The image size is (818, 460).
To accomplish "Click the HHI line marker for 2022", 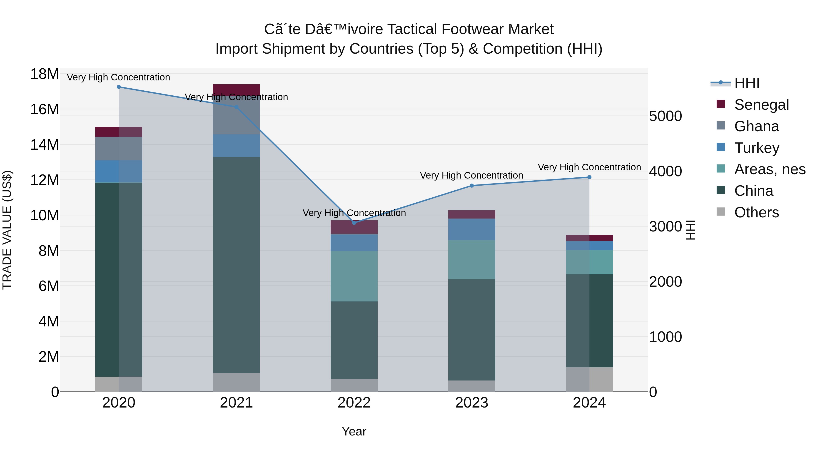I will tap(354, 223).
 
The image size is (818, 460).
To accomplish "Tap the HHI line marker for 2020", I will tap(119, 87).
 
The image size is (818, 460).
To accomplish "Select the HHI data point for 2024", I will tap(589, 177).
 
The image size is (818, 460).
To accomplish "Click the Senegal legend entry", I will tap(761, 105).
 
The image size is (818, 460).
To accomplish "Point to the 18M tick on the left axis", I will tap(45, 74).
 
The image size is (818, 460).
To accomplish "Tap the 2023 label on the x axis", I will tap(471, 403).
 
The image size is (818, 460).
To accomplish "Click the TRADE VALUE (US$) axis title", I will tap(7, 230).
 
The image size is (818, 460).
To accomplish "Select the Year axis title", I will tap(354, 431).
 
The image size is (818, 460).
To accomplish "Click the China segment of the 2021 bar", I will tap(236, 265).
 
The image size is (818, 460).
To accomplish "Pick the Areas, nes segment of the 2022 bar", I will tap(354, 276).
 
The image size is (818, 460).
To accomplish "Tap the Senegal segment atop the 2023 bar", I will tap(471, 214).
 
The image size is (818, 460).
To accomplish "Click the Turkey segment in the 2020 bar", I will tap(119, 172).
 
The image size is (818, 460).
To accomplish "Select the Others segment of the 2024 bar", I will tap(589, 379).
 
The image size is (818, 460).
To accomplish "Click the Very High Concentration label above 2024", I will tap(589, 167).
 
